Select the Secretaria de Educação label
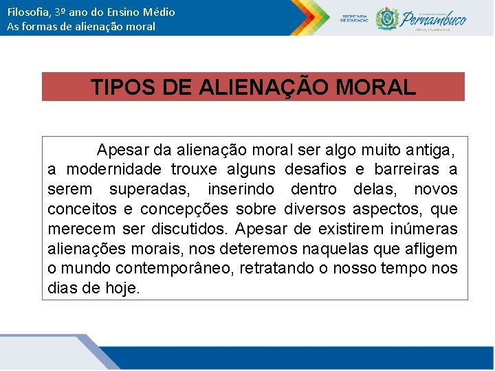(x=354, y=18)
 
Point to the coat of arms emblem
(x=387, y=18)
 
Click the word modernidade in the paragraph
(x=113, y=170)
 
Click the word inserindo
(x=239, y=190)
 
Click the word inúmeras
(x=424, y=229)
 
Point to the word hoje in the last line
(x=123, y=288)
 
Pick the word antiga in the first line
(x=429, y=150)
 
